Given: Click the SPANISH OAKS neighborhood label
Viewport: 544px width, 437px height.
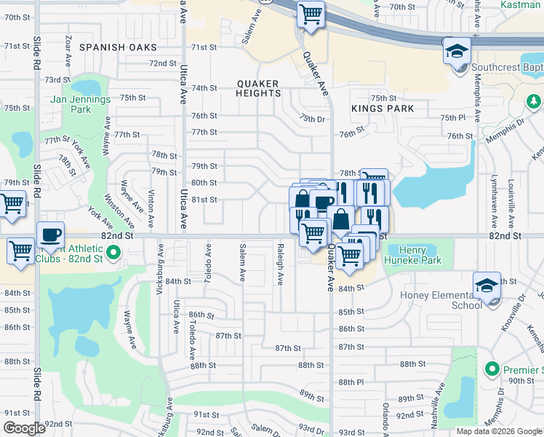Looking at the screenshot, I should point(118,47).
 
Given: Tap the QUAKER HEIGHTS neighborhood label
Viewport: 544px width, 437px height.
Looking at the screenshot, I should point(258,89).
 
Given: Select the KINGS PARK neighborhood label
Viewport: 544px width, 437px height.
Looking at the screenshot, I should point(382,109).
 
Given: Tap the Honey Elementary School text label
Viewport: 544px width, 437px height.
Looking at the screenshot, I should point(441,300).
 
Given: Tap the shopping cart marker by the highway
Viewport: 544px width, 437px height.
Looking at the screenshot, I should point(311,14).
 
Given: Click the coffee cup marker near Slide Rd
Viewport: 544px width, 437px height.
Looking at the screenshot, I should point(50,235).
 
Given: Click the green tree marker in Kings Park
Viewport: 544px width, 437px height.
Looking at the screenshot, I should point(534,100).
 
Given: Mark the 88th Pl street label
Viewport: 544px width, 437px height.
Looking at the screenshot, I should point(351,382).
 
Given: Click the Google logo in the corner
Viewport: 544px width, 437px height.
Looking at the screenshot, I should point(25,428).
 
